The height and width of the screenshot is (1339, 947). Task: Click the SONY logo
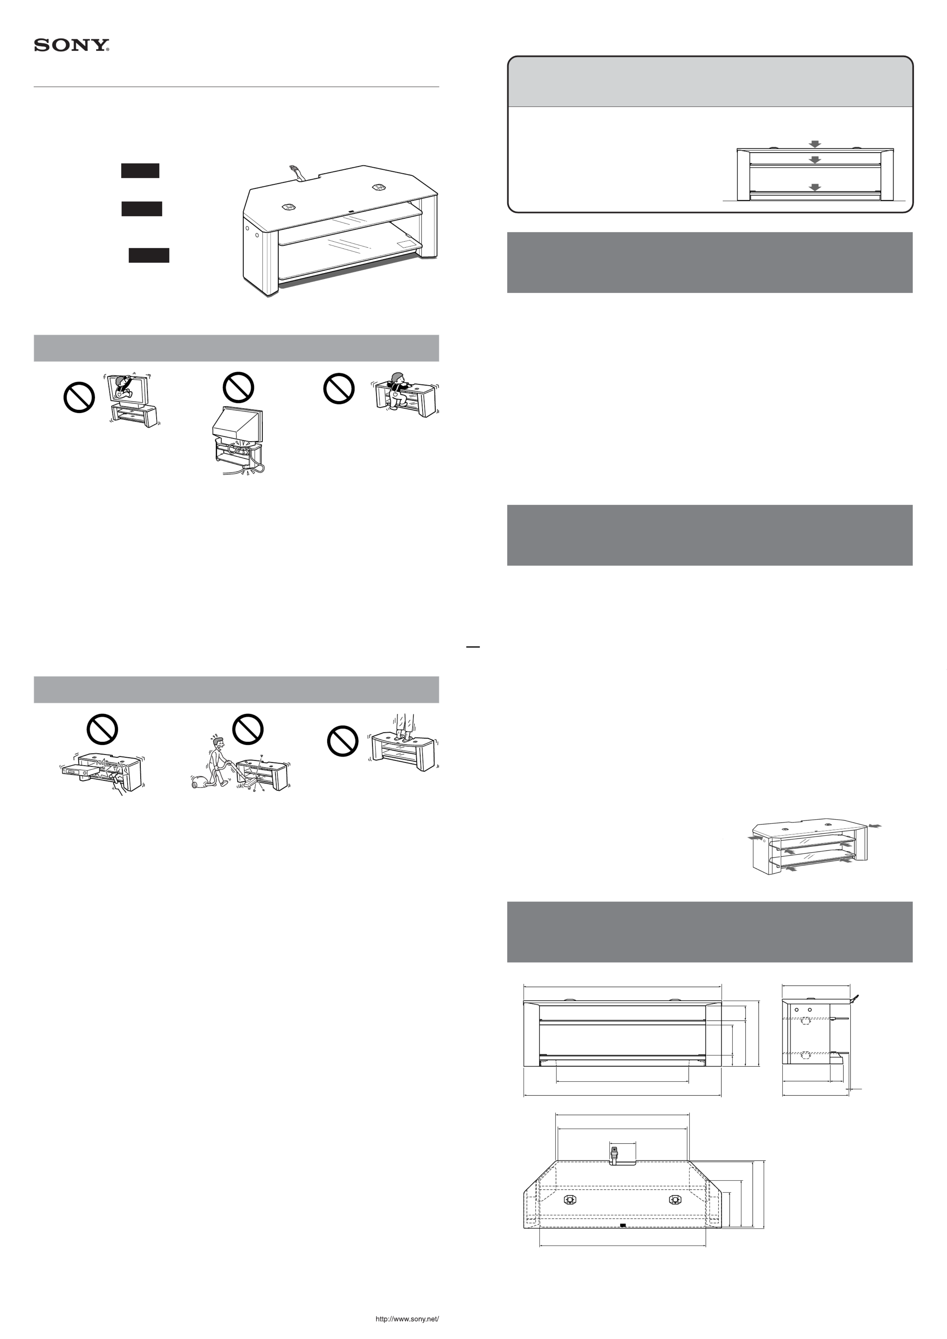click(71, 45)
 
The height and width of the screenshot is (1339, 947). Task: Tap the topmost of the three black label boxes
click(140, 170)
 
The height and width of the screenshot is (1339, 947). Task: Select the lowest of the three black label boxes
click(149, 255)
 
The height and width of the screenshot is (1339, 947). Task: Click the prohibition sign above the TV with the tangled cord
click(238, 387)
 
